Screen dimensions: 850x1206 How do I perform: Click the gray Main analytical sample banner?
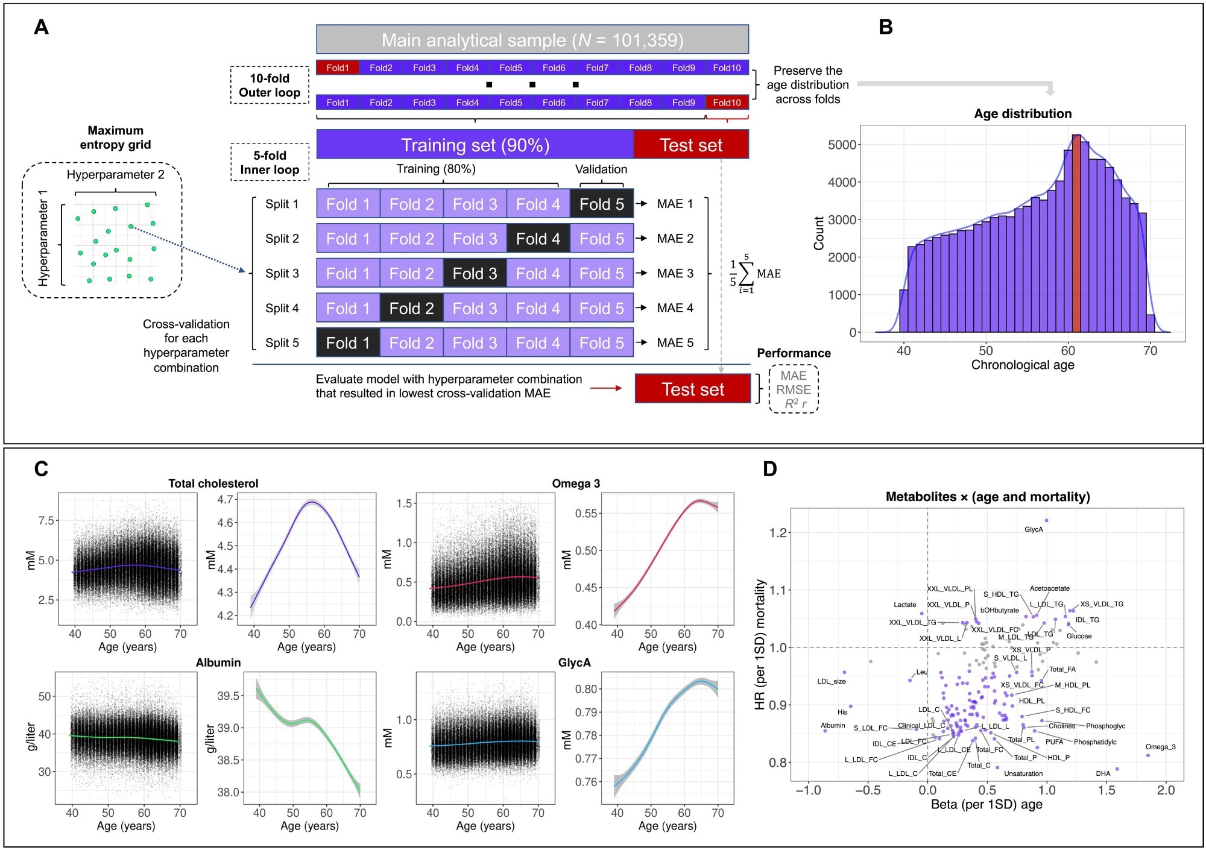point(532,40)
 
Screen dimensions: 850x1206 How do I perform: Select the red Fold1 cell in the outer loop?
point(338,68)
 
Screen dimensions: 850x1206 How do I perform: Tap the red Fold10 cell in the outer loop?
point(727,102)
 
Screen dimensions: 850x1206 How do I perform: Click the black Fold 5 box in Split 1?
point(601,204)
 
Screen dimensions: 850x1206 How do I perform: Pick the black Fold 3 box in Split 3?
point(475,273)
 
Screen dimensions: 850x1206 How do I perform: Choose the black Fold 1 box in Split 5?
point(348,342)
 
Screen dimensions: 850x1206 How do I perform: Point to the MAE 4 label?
point(675,308)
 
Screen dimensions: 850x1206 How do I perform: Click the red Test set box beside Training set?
point(691,145)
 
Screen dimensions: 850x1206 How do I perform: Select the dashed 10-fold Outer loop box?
point(270,85)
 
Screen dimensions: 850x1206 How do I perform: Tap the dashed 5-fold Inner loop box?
point(270,162)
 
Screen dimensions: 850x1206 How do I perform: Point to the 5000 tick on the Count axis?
point(842,145)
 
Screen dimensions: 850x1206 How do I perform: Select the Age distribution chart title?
point(1023,113)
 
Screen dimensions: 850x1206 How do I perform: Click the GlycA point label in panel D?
point(1034,529)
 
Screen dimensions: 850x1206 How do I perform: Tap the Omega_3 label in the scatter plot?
point(1160,747)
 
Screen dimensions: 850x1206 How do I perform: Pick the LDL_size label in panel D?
point(831,681)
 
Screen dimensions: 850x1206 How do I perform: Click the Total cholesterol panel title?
point(213,483)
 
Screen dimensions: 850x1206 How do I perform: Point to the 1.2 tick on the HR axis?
point(777,533)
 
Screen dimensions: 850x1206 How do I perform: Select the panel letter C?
point(41,469)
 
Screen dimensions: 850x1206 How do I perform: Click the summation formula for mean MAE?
point(754,274)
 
